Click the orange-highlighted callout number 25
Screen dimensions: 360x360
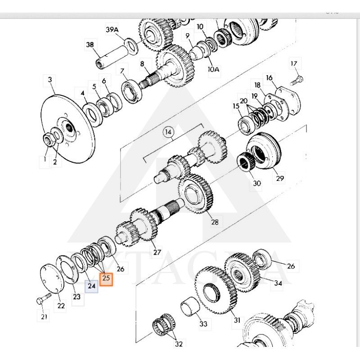106,278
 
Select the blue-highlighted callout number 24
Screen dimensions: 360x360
92,286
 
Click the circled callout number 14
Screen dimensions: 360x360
168,132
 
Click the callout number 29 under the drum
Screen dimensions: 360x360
280,179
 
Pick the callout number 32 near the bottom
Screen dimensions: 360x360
179,344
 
